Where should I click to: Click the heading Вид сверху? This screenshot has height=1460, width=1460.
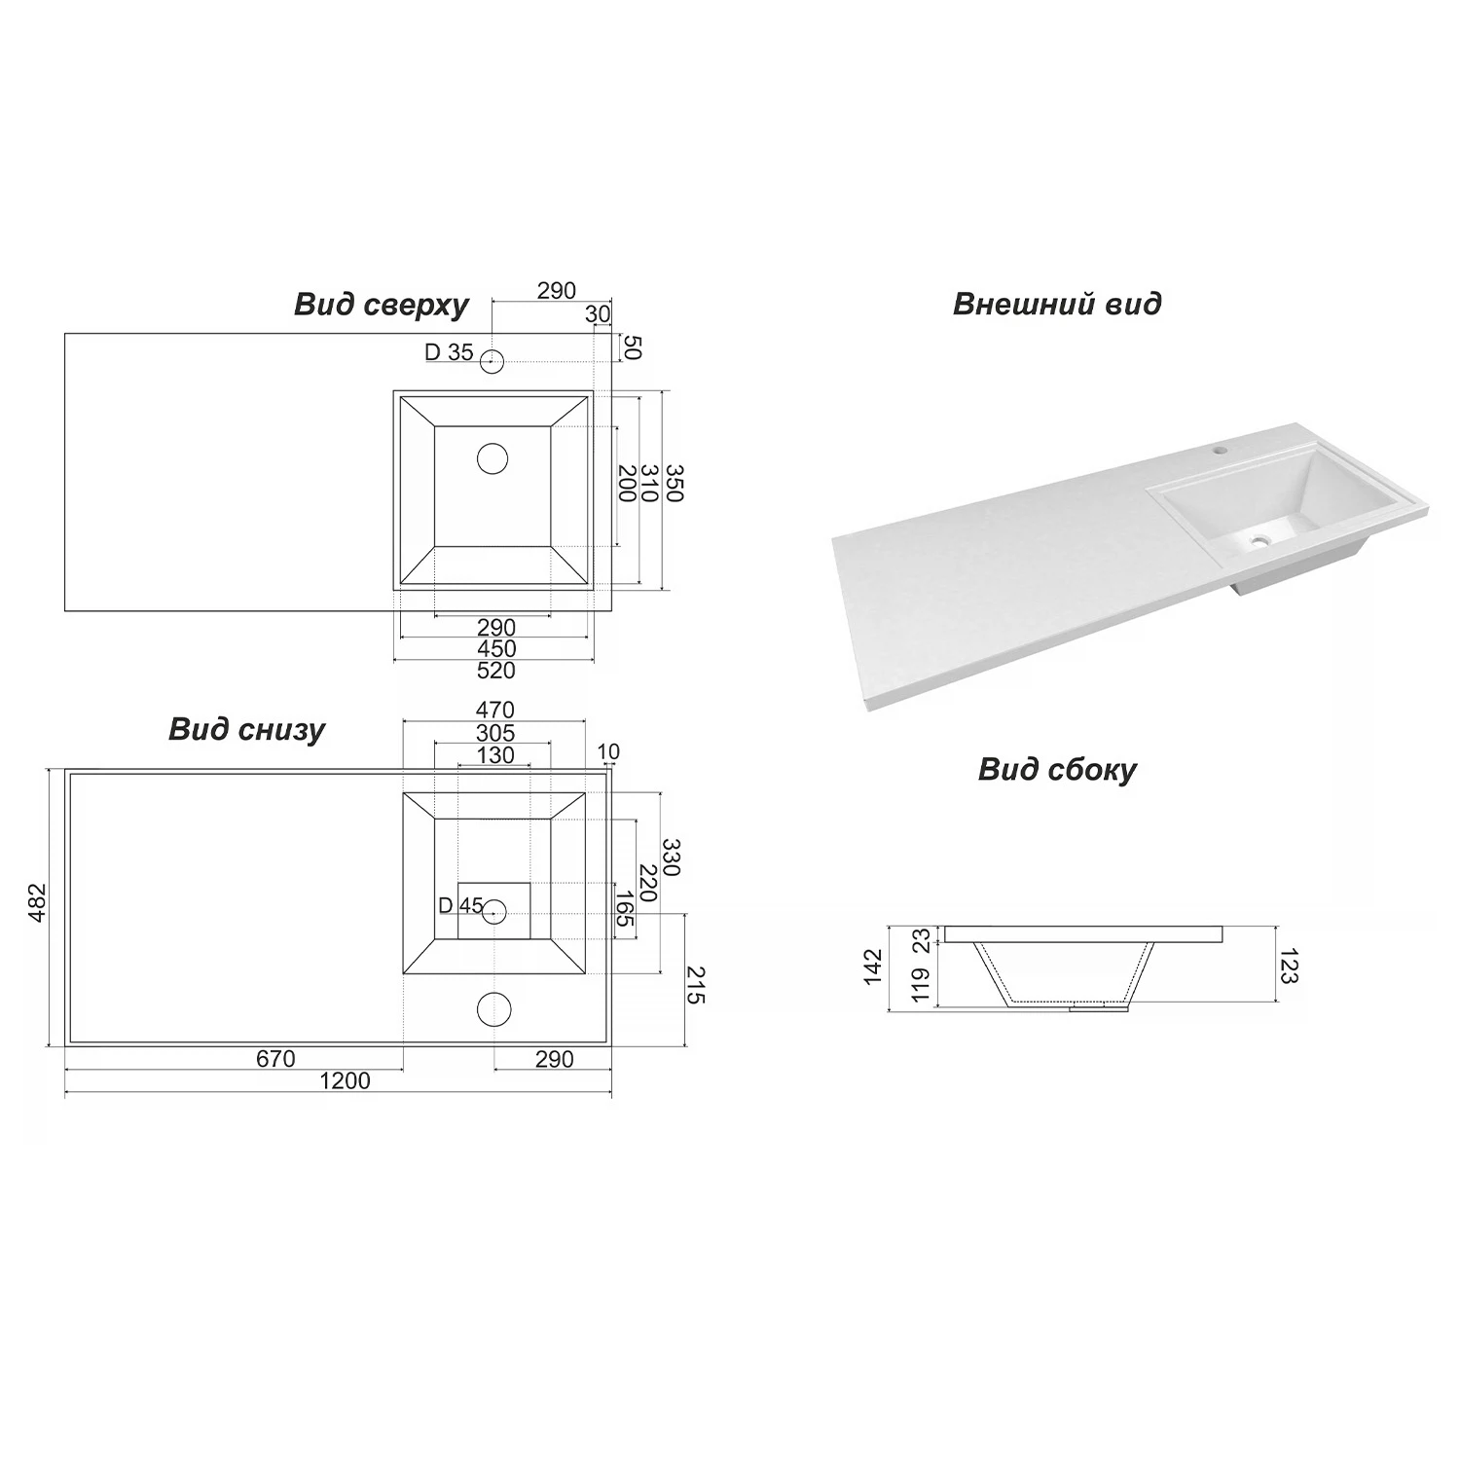tap(382, 306)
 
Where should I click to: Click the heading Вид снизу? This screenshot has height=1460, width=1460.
tap(246, 730)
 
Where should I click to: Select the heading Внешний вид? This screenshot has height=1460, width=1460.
tap(1057, 304)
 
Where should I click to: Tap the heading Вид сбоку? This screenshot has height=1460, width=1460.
tap(1057, 770)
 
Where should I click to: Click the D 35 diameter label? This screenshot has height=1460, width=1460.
tap(449, 352)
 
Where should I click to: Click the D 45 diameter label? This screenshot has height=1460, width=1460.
tap(460, 906)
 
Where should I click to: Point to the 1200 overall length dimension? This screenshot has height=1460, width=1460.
tap(345, 1081)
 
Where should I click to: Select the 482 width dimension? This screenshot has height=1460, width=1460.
tap(36, 904)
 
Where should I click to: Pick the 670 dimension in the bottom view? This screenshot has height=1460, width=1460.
tap(275, 1059)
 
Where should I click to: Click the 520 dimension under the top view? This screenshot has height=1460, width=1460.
tap(495, 671)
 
